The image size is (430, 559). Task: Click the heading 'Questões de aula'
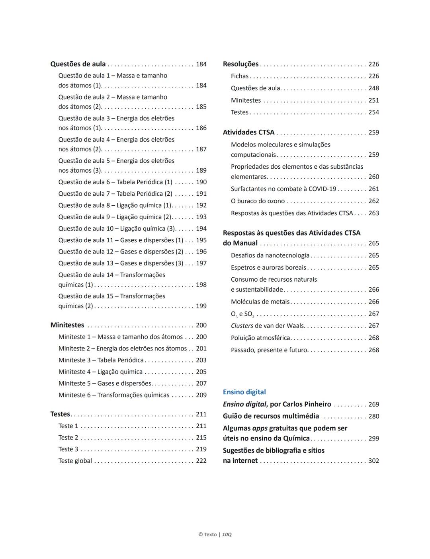(78, 64)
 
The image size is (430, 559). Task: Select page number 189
(201, 171)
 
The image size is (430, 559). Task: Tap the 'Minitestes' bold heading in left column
(67, 325)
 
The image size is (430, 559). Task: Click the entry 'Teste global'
(75, 461)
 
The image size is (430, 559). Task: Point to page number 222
(201, 461)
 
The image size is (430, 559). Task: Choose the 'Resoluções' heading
(240, 64)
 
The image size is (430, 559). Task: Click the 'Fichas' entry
(240, 76)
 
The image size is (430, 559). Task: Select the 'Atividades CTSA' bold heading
(248, 132)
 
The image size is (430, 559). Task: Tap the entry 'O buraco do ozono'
(258, 201)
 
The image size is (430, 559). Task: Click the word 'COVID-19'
(322, 189)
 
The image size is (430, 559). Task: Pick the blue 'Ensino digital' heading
(244, 392)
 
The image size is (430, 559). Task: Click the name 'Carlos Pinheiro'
(306, 404)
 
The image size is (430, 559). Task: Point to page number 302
(373, 461)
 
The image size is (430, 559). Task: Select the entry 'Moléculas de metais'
(260, 302)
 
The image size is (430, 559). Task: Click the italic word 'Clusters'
(242, 326)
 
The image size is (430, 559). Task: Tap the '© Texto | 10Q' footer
(215, 534)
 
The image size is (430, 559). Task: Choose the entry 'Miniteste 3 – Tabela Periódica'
(101, 360)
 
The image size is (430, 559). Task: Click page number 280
(373, 416)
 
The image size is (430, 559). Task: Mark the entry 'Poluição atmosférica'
(260, 338)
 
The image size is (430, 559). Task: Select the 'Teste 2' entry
(68, 438)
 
